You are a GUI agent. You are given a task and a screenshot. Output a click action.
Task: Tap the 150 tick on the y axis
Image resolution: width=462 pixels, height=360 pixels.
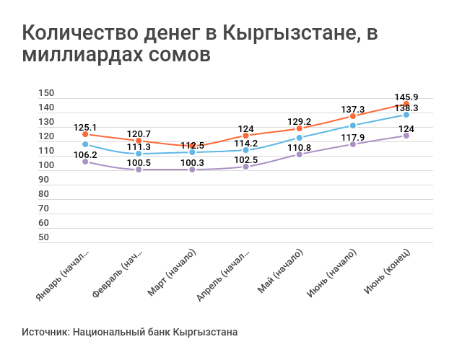pyautogui.click(x=45, y=93)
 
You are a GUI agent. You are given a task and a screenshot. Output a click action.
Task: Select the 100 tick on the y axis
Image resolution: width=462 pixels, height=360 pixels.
pyautogui.click(x=45, y=165)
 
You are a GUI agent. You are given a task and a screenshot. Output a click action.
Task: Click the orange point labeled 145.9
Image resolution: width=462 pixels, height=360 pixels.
pyautogui.click(x=406, y=105)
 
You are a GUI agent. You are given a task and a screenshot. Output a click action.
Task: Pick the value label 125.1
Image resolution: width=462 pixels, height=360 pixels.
pyautogui.click(x=85, y=127)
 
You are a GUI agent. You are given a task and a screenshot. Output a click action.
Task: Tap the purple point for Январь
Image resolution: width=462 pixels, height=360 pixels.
pyautogui.click(x=85, y=162)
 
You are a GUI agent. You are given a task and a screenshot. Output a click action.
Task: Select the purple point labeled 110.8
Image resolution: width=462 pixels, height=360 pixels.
pyautogui.click(x=300, y=154)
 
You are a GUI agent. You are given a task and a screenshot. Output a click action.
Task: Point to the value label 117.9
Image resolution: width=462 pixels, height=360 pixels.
pyautogui.click(x=353, y=137)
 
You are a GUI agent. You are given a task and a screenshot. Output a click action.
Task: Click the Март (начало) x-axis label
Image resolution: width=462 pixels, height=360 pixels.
pyautogui.click(x=172, y=272)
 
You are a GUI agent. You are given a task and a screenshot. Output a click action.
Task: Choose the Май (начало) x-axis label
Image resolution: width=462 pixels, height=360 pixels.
pyautogui.click(x=279, y=272)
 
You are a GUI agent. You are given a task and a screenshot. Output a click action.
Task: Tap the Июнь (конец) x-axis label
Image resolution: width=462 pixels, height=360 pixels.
pyautogui.click(x=388, y=272)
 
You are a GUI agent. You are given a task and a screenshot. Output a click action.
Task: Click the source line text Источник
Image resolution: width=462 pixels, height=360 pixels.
pyautogui.click(x=45, y=333)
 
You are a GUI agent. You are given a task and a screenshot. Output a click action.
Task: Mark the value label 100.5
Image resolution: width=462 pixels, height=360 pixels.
pyautogui.click(x=139, y=162)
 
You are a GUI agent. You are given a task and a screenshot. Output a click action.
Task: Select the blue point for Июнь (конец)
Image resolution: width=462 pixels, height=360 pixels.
pyautogui.click(x=406, y=115)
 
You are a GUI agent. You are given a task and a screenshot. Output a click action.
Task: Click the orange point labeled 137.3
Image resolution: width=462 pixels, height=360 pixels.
pyautogui.click(x=353, y=116)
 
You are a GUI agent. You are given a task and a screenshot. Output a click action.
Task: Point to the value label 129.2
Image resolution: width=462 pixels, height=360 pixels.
pyautogui.click(x=299, y=122)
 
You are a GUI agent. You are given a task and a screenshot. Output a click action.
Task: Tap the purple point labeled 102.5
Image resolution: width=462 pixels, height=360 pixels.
pyautogui.click(x=245, y=167)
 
